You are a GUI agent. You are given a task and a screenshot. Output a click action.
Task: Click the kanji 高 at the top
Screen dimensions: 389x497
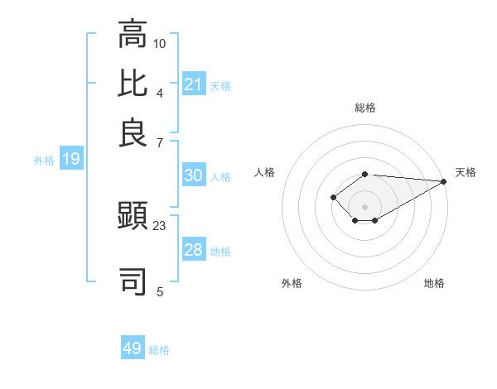(133, 35)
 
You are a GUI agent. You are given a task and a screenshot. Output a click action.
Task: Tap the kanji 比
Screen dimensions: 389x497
(133, 84)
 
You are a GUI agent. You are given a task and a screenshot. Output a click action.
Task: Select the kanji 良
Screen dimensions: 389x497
(133, 132)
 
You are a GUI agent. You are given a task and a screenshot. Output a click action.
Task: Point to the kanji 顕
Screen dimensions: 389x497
(133, 217)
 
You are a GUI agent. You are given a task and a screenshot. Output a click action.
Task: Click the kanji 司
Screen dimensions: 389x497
(133, 281)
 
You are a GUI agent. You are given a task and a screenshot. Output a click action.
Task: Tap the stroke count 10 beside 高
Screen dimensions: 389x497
(160, 42)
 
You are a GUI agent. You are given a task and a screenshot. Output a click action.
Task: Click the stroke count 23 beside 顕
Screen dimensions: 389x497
(160, 225)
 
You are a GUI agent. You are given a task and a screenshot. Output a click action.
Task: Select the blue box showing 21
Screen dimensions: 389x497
(193, 84)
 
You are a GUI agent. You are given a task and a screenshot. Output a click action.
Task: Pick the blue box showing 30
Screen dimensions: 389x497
(193, 175)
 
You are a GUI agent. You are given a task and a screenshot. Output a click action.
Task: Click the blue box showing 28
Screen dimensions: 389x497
(193, 250)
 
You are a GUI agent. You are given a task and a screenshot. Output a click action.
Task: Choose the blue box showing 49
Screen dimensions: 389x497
(132, 348)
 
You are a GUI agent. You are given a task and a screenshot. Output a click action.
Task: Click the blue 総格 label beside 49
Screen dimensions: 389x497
(159, 350)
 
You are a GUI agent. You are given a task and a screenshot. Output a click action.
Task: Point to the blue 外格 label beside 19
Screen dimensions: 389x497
(44, 161)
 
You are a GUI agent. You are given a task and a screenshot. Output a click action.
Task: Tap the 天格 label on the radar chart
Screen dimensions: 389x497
(466, 172)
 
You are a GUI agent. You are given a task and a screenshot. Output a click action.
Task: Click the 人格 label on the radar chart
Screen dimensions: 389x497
(264, 172)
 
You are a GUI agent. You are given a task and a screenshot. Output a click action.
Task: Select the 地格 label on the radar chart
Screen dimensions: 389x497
(434, 283)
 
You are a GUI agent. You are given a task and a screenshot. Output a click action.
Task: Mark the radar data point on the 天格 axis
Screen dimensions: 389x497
(444, 181)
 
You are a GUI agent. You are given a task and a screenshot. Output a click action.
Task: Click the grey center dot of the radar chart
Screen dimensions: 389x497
(364, 207)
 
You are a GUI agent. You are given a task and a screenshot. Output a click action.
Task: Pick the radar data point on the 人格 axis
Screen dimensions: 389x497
(333, 197)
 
